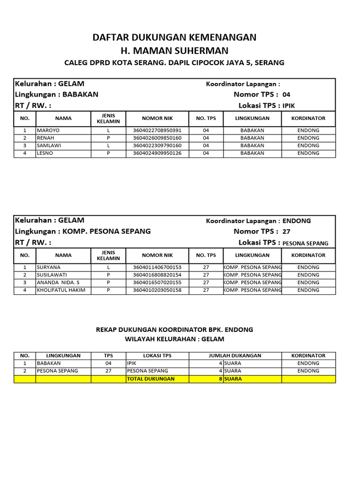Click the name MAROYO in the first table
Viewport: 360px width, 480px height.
point(48,130)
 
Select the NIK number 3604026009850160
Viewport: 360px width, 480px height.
point(157,138)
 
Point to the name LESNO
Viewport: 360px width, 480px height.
point(45,153)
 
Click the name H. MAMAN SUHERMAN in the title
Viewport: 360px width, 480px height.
point(174,50)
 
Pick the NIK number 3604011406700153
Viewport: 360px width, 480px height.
point(157,267)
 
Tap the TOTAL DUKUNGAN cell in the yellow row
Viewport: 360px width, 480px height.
point(151,379)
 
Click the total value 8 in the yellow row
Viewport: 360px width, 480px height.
point(220,379)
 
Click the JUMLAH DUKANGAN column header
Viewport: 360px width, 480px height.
point(235,356)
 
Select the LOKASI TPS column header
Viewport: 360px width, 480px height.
point(157,356)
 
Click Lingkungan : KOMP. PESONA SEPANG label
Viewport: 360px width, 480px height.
point(83,231)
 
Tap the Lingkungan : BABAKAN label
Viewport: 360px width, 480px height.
point(57,94)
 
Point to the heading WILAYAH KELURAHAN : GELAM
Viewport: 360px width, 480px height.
point(174,339)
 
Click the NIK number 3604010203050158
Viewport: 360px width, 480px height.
point(157,290)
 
